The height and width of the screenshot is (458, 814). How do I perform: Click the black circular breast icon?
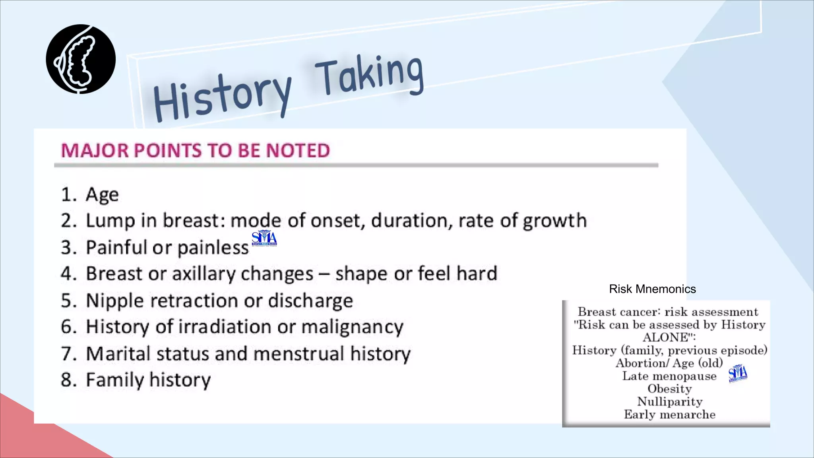click(x=81, y=59)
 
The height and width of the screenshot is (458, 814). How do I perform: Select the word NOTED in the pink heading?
click(x=298, y=151)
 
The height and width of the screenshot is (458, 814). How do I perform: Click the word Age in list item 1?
click(x=102, y=195)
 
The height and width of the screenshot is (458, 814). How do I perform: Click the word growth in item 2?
click(x=554, y=221)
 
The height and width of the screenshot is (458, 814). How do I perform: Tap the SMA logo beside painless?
click(x=264, y=238)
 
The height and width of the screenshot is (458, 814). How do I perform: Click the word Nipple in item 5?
click(x=115, y=301)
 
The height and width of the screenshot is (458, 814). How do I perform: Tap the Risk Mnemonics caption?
click(x=652, y=289)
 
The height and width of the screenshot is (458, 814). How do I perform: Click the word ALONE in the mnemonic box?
click(x=667, y=338)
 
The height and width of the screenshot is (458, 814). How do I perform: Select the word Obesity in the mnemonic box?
click(x=670, y=389)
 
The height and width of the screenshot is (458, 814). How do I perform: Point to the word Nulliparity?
click(x=670, y=402)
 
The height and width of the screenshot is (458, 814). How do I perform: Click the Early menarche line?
click(x=670, y=415)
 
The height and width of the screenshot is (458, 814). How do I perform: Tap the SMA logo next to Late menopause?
click(x=738, y=373)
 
